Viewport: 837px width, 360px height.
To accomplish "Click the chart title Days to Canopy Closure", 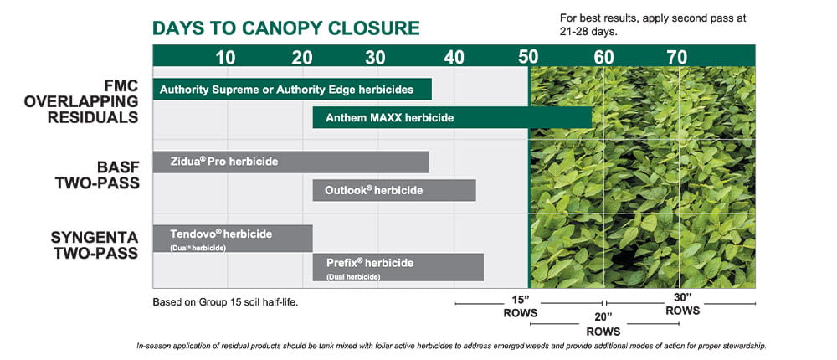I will click(x=285, y=28).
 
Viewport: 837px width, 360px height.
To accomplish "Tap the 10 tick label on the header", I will click(x=225, y=58).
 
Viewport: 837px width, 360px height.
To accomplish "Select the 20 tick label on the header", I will click(x=301, y=58).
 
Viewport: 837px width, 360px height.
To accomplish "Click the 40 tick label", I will click(x=454, y=58).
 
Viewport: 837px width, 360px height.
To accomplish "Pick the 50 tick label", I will click(x=528, y=58).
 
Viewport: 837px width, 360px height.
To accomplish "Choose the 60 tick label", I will click(x=603, y=58).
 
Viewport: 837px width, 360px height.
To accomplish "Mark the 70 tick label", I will click(x=676, y=58).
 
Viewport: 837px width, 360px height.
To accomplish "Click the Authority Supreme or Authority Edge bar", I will click(x=292, y=90).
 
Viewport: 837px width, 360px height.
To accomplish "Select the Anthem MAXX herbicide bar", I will click(x=452, y=118).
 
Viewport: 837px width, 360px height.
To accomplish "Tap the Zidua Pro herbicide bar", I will click(x=290, y=162).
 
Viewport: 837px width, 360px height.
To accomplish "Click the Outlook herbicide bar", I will click(x=394, y=190).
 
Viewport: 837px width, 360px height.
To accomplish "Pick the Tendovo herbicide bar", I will click(x=233, y=239).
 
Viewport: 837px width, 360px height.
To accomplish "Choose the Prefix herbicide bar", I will click(x=398, y=267).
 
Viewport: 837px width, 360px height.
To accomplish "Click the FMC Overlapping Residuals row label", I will click(x=81, y=101).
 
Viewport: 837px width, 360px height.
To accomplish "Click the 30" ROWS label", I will click(x=681, y=303).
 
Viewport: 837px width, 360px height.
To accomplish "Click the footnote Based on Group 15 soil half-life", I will click(x=225, y=301).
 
